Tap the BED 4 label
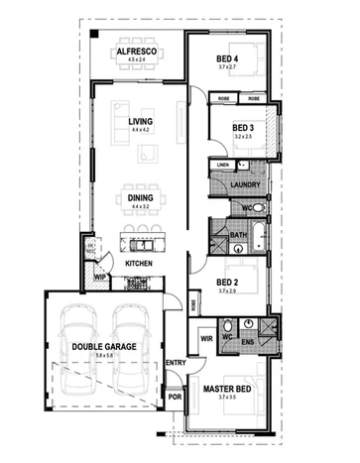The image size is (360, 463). [x=228, y=58]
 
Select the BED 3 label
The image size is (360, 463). [x=244, y=128]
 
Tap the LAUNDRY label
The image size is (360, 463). [x=244, y=185]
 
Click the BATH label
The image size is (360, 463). [x=238, y=235]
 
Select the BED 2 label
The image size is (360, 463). [x=227, y=282]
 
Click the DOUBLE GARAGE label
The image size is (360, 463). [x=99, y=346]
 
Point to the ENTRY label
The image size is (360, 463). [x=177, y=363]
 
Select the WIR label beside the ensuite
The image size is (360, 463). [x=207, y=339]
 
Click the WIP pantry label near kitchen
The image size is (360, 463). [x=100, y=278]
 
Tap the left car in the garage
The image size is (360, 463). [x=74, y=340]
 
